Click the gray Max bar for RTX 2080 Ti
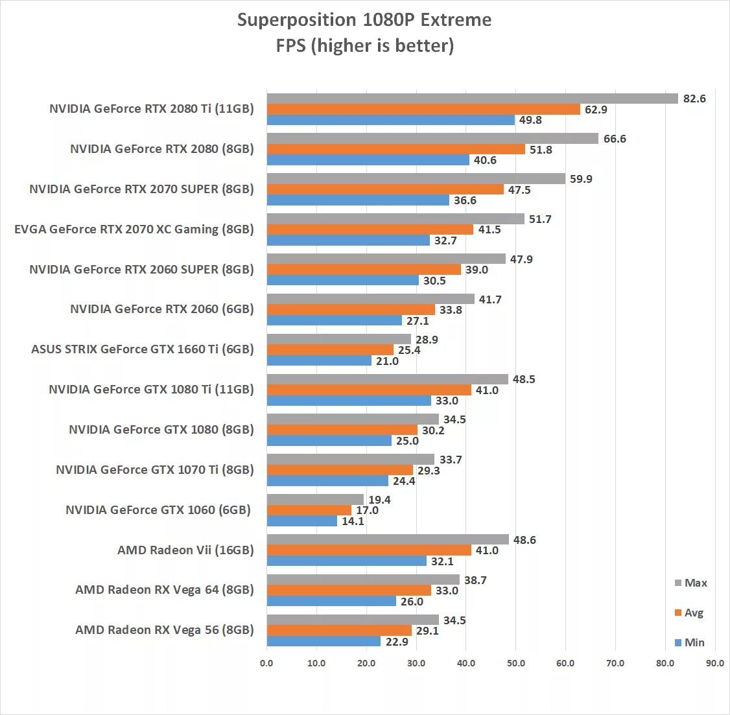click(x=472, y=99)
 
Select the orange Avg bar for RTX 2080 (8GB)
click(x=395, y=149)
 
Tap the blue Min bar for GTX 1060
click(x=302, y=521)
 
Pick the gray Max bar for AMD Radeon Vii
click(x=388, y=539)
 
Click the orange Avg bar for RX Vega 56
click(x=339, y=631)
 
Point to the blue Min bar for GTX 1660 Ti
click(x=319, y=361)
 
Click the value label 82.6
click(x=694, y=99)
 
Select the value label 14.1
click(x=353, y=521)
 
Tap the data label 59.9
click(x=581, y=179)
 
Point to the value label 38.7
click(x=475, y=580)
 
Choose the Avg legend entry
click(x=689, y=613)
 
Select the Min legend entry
click(x=690, y=642)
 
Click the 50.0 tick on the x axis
click(x=515, y=663)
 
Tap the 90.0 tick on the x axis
click(x=715, y=663)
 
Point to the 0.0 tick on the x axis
click(x=266, y=663)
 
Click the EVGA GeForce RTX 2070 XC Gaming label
click(x=134, y=229)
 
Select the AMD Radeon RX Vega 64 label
click(x=165, y=590)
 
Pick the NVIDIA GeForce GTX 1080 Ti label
click(x=151, y=390)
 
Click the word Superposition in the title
click(x=296, y=20)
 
